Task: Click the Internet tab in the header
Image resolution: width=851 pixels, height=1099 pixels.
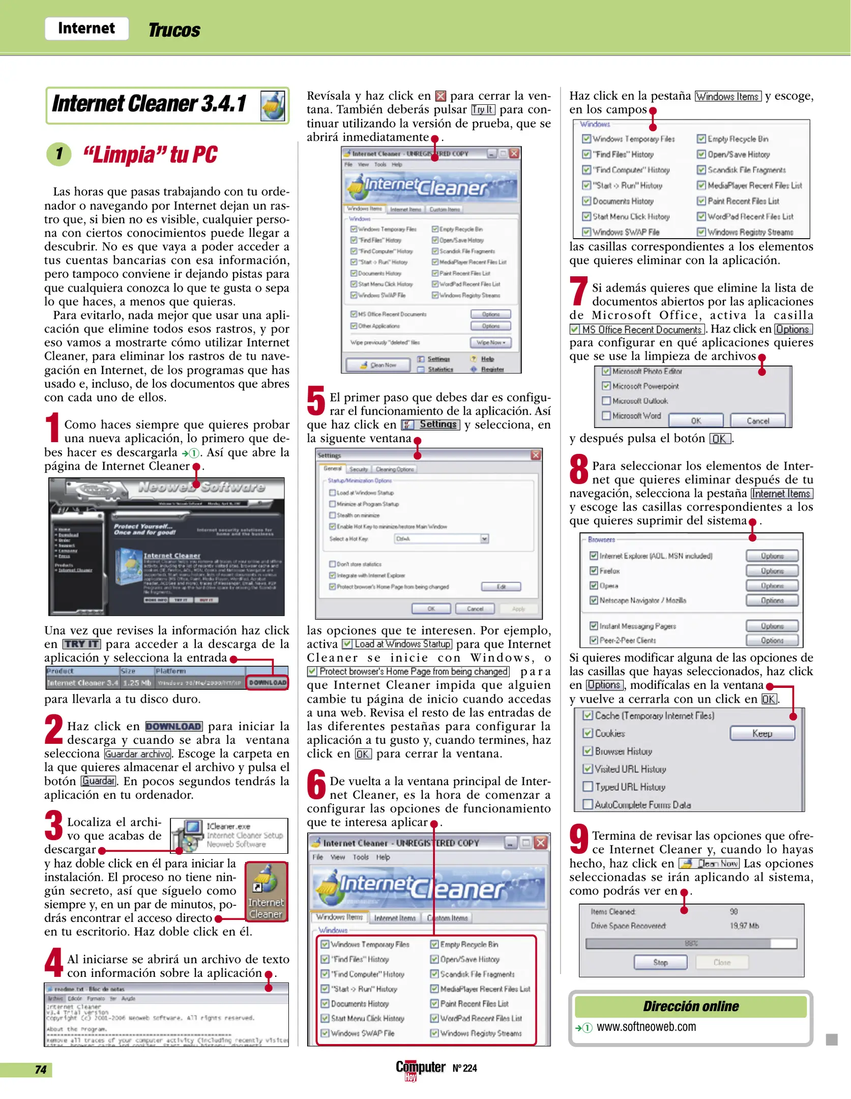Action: click(x=86, y=28)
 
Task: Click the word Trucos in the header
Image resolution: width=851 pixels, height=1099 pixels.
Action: click(x=174, y=30)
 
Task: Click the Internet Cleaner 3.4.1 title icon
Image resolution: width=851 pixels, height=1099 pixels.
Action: click(x=273, y=106)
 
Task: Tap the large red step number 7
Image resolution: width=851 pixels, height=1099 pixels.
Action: click(x=578, y=293)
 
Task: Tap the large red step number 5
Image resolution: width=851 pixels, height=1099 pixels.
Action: click(x=316, y=401)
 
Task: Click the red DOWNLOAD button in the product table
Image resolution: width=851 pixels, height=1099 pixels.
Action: click(x=268, y=682)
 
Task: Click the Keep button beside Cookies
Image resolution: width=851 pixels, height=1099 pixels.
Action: click(x=761, y=733)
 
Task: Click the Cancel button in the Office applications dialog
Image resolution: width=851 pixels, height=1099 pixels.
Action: click(x=757, y=421)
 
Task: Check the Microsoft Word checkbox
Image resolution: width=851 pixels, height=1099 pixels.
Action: click(x=606, y=416)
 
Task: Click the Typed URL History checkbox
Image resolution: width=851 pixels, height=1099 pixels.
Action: click(x=588, y=787)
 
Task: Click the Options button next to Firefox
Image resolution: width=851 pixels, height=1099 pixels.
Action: click(x=772, y=571)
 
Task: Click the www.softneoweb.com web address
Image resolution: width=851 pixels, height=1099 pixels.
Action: click(x=646, y=1027)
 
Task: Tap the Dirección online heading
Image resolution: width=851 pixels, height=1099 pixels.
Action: click(x=690, y=1006)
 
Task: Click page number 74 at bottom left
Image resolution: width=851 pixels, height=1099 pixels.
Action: click(x=41, y=1069)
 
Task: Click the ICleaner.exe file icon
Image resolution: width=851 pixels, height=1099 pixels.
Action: click(x=188, y=835)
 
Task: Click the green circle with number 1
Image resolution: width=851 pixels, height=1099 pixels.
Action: click(x=60, y=154)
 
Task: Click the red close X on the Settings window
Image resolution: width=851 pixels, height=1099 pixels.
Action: click(x=536, y=455)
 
